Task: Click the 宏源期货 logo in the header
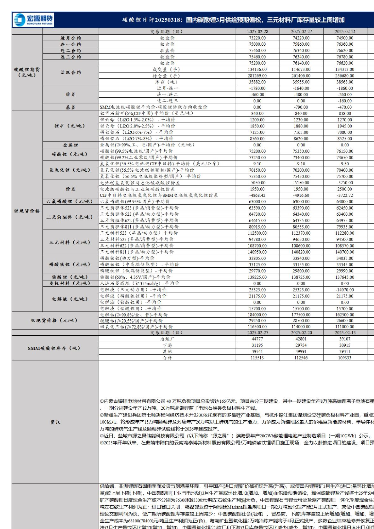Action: [x=33, y=20]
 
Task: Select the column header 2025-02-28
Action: [x=258, y=31]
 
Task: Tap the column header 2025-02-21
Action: [x=345, y=31]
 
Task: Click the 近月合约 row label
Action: [x=71, y=38]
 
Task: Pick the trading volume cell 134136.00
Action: [x=258, y=70]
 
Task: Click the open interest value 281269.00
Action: [x=258, y=76]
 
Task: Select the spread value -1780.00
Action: [x=258, y=88]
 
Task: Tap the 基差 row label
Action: [x=71, y=107]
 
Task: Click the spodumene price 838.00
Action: [x=345, y=114]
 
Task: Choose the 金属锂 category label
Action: [x=71, y=145]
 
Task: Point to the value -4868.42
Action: [x=258, y=196]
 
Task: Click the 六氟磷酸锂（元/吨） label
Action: [x=70, y=202]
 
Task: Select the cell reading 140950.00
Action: [x=258, y=252]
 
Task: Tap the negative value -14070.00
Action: [x=345, y=290]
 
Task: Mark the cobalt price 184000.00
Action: [x=258, y=315]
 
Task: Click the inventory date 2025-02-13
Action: [x=345, y=333]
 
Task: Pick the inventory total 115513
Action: [x=258, y=358]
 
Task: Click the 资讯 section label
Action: [x=55, y=422]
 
